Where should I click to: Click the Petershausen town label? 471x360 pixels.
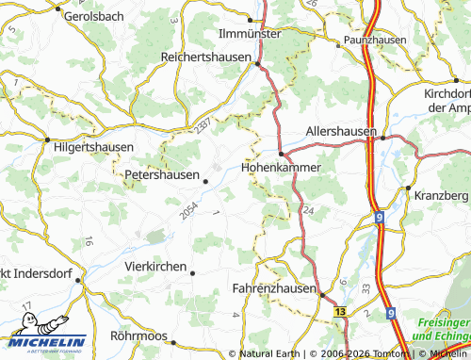161,174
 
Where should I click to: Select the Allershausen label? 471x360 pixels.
341,131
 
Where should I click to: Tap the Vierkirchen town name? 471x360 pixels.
155,267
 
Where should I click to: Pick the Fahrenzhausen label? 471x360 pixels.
274,288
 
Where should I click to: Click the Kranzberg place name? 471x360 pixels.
441,194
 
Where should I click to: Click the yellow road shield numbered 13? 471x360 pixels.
339,310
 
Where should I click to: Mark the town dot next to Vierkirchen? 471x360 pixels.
192,273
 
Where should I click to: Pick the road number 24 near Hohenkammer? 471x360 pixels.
308,209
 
